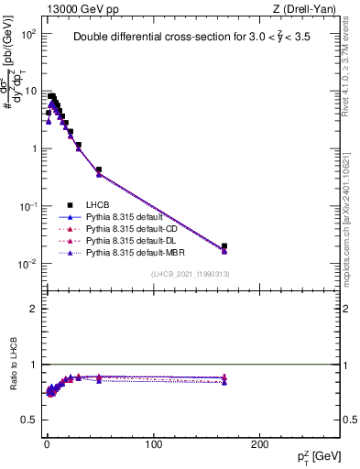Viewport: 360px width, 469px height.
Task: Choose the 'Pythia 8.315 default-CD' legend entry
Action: click(x=135, y=229)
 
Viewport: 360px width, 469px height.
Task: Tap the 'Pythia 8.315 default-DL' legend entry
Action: click(x=134, y=240)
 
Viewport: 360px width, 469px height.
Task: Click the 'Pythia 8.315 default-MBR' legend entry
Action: click(x=137, y=251)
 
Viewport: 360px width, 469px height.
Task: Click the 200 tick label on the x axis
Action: click(x=260, y=445)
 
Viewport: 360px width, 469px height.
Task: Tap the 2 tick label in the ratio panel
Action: click(x=30, y=309)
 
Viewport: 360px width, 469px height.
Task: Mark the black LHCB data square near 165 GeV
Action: click(x=224, y=245)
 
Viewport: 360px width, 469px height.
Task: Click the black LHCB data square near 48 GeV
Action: click(x=98, y=169)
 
